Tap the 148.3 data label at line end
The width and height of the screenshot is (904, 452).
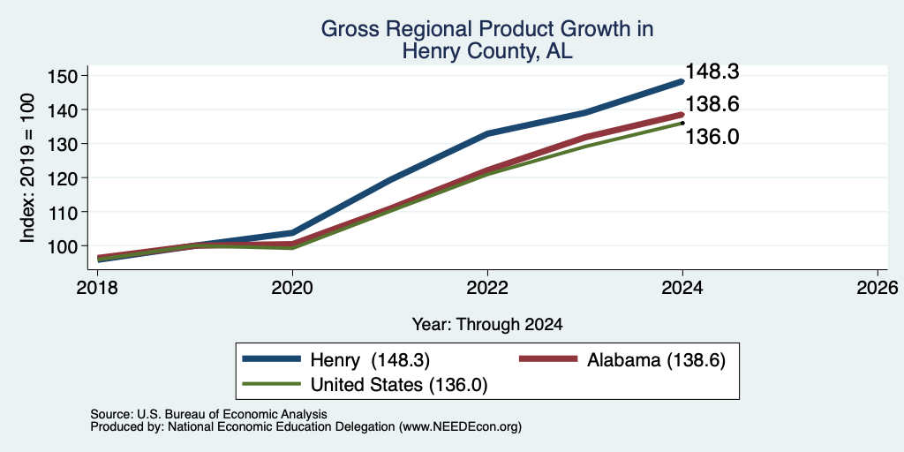point(712,72)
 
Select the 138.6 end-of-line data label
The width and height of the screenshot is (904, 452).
point(712,104)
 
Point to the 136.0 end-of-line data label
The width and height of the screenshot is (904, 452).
point(712,137)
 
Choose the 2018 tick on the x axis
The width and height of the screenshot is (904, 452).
point(97,287)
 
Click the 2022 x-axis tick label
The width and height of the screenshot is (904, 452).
point(487,287)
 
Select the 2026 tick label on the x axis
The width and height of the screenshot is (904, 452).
point(878,287)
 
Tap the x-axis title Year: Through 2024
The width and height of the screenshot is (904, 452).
point(487,325)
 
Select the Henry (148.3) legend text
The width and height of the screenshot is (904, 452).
point(370,360)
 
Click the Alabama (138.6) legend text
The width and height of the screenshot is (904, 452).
point(656,360)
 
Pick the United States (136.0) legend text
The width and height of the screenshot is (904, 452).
point(399,385)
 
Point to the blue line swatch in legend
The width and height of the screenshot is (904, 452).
point(272,359)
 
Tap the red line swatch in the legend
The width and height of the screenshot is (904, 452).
point(548,359)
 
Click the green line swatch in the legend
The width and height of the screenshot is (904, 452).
point(272,384)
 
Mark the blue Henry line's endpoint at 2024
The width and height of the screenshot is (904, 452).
point(682,82)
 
